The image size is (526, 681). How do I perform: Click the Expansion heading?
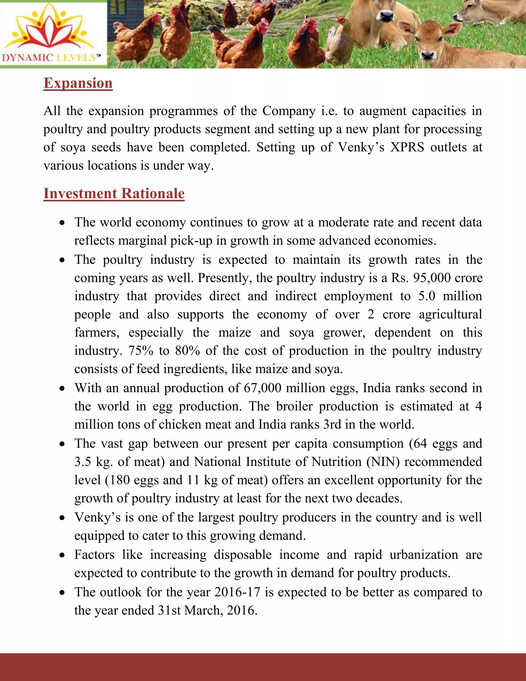point(78,83)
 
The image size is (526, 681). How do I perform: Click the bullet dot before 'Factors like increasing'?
point(63,555)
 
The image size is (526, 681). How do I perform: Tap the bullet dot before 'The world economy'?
point(63,223)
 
